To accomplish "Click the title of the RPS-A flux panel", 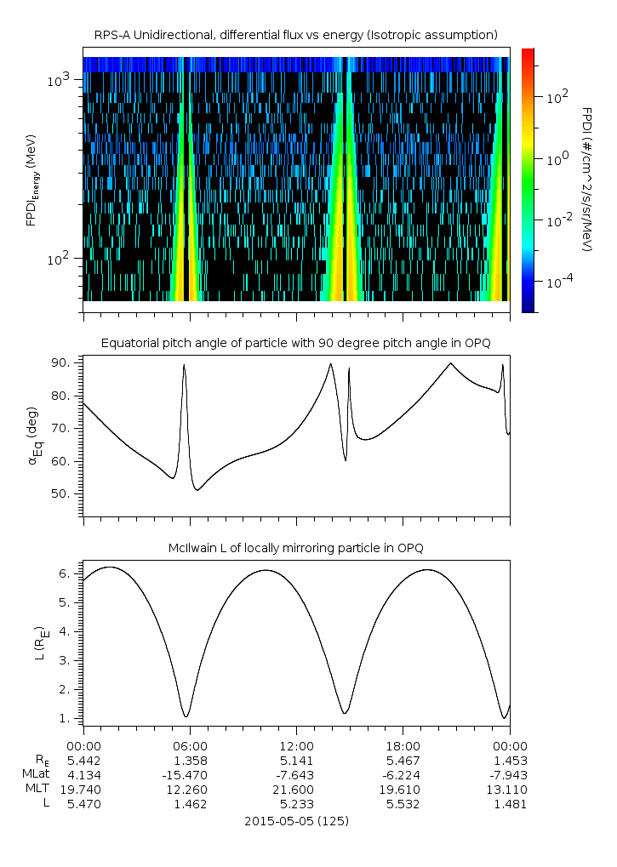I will click(295, 35).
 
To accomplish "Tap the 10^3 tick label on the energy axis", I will click(59, 80).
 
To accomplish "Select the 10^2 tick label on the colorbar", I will click(557, 97).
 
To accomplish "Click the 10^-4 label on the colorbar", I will click(557, 281).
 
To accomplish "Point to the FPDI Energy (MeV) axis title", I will click(32, 180).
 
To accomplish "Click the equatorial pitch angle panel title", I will click(295, 343).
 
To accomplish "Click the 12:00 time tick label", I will click(296, 744).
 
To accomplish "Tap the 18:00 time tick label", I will click(403, 744).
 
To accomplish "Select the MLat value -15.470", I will click(189, 774).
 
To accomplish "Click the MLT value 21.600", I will click(296, 789).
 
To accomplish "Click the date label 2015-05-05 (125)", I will click(296, 821).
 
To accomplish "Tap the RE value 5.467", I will click(403, 760).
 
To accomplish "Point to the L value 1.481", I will click(509, 803).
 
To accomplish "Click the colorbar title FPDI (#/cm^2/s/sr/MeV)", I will click(587, 180).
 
